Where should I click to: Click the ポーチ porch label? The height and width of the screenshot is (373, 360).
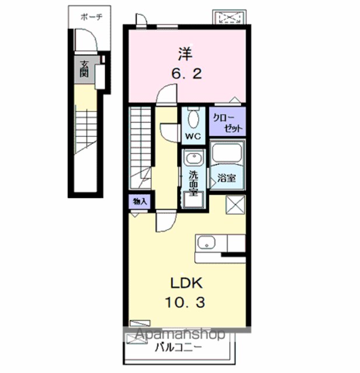pyautogui.click(x=92, y=17)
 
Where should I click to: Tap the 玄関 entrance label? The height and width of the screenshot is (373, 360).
pyautogui.click(x=84, y=69)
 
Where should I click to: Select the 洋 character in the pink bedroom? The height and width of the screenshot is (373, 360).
pyautogui.click(x=186, y=54)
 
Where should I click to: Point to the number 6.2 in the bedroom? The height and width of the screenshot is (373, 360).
pyautogui.click(x=187, y=73)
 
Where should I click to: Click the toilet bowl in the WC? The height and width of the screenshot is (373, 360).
pyautogui.click(x=194, y=119)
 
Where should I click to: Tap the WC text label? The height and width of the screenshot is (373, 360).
pyautogui.click(x=193, y=136)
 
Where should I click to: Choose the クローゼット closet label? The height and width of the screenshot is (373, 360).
pyautogui.click(x=228, y=123)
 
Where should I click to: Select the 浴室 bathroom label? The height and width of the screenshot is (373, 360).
pyautogui.click(x=226, y=178)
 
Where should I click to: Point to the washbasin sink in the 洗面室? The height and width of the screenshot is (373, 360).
pyautogui.click(x=194, y=158)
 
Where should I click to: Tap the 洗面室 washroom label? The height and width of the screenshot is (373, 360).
pyautogui.click(x=193, y=183)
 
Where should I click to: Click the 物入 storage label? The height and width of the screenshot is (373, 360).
pyautogui.click(x=140, y=202)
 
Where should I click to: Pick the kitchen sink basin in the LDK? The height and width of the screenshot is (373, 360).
pyautogui.click(x=207, y=242)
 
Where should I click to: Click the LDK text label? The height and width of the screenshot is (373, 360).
pyautogui.click(x=186, y=283)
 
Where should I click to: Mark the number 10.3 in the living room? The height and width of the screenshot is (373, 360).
pyautogui.click(x=185, y=303)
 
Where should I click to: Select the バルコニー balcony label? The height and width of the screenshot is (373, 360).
pyautogui.click(x=178, y=347)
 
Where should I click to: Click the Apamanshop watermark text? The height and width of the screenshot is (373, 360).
pyautogui.click(x=180, y=334)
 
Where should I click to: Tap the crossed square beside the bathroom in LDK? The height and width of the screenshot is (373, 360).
pyautogui.click(x=235, y=205)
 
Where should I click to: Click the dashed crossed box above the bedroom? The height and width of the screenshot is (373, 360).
pyautogui.click(x=229, y=17)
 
